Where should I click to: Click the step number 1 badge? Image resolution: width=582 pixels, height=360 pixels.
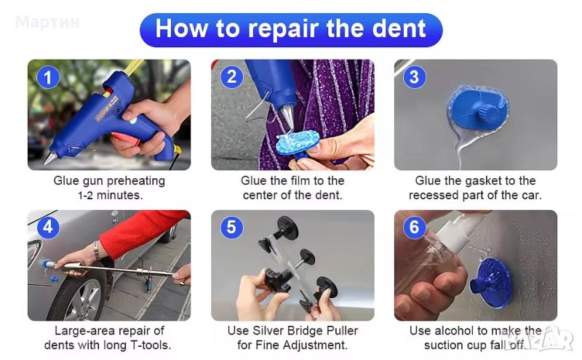tap(47, 78)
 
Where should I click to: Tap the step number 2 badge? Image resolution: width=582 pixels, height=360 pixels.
tap(231, 77)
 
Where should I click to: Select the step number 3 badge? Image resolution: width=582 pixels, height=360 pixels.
tap(414, 77)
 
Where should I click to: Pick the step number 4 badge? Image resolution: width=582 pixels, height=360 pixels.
tap(48, 227)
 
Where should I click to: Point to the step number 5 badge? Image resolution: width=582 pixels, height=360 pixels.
tap(231, 227)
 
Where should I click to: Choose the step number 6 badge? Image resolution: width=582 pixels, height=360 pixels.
tap(414, 227)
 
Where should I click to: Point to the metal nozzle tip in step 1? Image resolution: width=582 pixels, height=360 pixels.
tap(48, 158)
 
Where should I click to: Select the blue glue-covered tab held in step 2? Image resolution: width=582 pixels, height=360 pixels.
tap(298, 142)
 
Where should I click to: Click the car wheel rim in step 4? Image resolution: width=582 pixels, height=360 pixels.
tap(83, 300)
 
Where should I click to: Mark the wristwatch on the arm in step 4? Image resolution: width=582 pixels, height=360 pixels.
tap(97, 249)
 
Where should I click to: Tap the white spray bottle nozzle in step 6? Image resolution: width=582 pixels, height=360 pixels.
tap(459, 229)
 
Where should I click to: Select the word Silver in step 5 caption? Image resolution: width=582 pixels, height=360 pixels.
tap(268, 330)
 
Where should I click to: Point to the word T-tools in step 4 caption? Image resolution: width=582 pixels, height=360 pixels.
tap(150, 345)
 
